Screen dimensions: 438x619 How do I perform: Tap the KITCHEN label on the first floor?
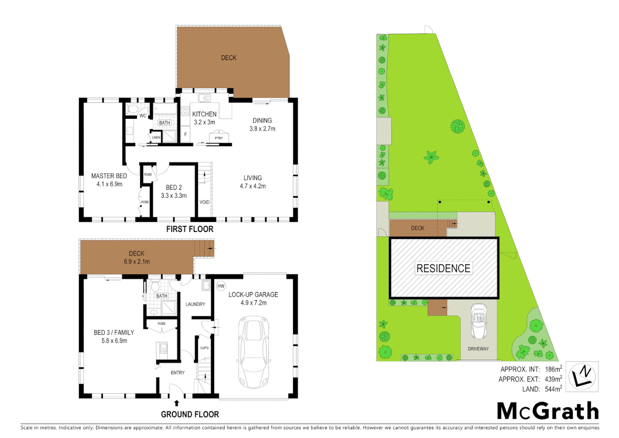[x=204, y=114]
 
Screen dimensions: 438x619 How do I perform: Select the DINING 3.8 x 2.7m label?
[x=262, y=125]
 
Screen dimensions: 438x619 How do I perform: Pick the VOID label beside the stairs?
[x=205, y=202]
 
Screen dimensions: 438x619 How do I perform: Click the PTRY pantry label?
[x=219, y=138]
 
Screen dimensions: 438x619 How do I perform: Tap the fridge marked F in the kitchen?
[x=186, y=134]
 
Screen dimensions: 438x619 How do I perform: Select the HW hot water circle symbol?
[x=221, y=286]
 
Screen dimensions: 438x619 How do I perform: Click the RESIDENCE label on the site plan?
[x=444, y=268]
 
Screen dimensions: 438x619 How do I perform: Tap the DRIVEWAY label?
[x=478, y=349]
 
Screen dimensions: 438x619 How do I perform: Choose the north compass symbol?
[x=582, y=376]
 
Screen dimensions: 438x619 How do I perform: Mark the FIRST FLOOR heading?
[x=190, y=229]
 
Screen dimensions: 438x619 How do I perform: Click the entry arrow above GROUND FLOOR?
[x=176, y=403]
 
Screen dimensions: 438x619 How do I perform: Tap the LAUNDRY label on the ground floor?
[x=195, y=304]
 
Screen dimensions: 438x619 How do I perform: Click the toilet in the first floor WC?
[x=133, y=109]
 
